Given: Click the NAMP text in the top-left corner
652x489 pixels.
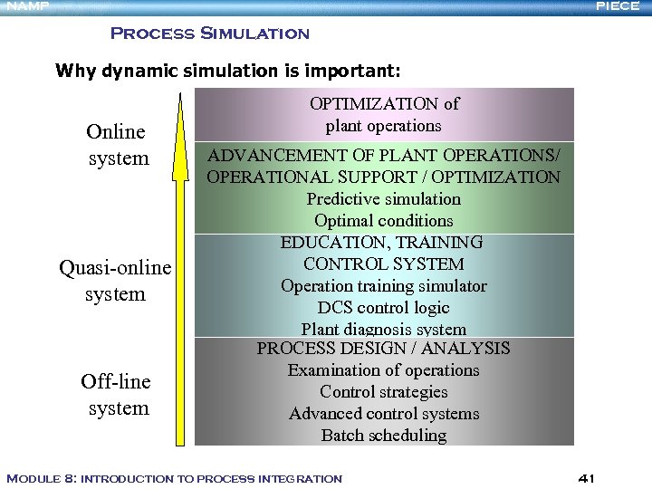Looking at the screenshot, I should (x=24, y=7).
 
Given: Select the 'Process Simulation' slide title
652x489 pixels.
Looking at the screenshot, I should (x=209, y=34).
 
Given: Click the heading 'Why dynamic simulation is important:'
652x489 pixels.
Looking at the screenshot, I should (x=227, y=71).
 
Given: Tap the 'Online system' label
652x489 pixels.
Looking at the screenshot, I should (x=118, y=145).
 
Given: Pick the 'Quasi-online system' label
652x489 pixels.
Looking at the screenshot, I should (x=115, y=281).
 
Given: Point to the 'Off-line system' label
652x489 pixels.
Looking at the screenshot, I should (x=117, y=395).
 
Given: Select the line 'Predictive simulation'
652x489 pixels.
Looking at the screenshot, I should (x=384, y=199).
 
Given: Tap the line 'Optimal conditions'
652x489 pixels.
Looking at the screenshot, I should (x=384, y=221).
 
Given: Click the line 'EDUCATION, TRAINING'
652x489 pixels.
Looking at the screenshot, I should (x=382, y=243).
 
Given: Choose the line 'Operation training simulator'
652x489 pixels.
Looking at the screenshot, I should (x=384, y=286).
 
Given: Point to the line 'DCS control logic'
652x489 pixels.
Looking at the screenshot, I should (x=384, y=308).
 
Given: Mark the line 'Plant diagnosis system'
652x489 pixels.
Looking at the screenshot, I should (x=384, y=330).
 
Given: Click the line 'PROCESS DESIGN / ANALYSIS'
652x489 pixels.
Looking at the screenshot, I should (x=384, y=349).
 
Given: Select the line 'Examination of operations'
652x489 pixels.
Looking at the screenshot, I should (x=384, y=370).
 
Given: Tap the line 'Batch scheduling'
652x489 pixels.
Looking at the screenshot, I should (x=384, y=436).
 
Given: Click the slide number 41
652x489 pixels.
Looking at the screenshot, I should (x=585, y=477).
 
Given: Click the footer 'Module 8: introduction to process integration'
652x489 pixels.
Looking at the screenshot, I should (x=175, y=478).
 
